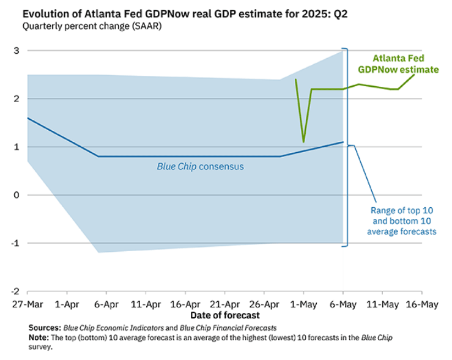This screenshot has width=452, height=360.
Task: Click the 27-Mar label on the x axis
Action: pyautogui.click(x=26, y=304)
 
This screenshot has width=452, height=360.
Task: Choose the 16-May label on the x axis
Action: pyautogui.click(x=421, y=304)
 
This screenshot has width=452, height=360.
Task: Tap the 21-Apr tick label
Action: pyautogui.click(x=224, y=304)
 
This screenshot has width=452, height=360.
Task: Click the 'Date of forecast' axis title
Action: pyautogui.click(x=224, y=315)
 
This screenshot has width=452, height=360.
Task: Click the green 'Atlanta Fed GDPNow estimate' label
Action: pyautogui.click(x=398, y=64)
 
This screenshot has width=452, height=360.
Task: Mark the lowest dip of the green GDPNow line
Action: pyautogui.click(x=303, y=142)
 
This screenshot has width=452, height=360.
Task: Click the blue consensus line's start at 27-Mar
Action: pyautogui.click(x=28, y=118)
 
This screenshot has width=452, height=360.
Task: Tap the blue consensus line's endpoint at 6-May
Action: pyautogui.click(x=343, y=142)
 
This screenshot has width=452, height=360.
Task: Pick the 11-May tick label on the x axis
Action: pyautogui.click(x=382, y=304)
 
